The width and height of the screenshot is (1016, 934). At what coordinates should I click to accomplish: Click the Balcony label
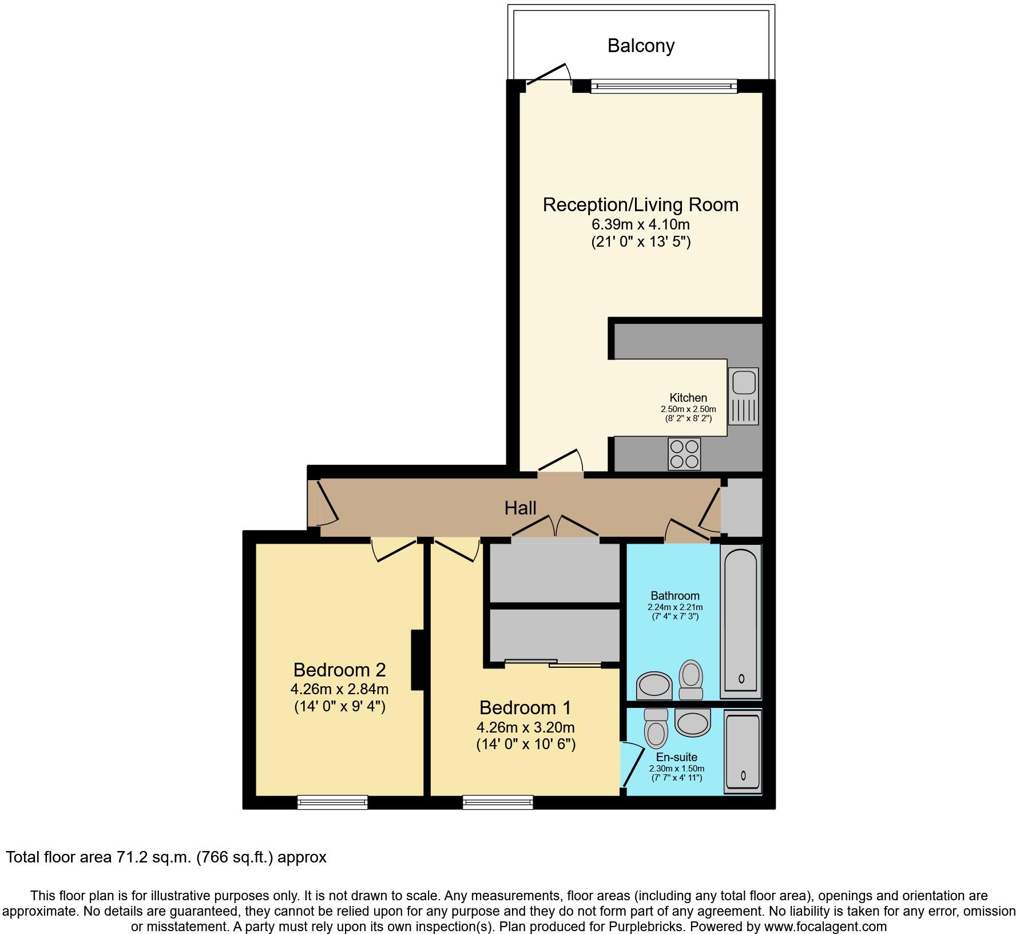641,46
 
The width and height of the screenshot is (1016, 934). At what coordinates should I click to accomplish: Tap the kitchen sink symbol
744,396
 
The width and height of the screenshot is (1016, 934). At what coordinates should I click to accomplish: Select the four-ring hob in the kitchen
684,454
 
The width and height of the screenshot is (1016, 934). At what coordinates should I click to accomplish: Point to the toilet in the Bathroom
691,679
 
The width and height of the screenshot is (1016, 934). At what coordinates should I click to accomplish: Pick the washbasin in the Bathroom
654,685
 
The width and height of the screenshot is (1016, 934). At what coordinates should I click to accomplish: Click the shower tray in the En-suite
743,751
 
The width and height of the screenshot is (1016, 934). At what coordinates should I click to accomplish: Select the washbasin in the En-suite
692,722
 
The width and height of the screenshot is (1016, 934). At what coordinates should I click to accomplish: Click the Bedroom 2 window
332,802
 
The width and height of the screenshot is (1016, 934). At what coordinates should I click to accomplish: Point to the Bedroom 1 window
498,802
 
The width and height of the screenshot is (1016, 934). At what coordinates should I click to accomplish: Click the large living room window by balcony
664,86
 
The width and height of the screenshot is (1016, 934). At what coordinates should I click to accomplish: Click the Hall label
520,508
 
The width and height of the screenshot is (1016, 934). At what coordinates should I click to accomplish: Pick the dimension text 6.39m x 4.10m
640,224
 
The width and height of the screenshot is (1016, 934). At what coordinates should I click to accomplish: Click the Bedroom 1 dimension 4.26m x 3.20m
525,727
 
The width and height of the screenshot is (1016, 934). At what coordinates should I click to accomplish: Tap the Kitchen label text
688,398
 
